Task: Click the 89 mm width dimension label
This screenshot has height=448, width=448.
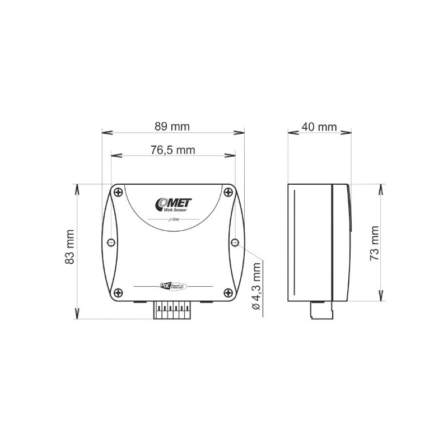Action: (x=172, y=127)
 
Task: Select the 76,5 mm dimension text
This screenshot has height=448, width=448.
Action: (x=172, y=150)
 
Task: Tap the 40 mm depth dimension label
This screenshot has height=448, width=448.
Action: (x=319, y=127)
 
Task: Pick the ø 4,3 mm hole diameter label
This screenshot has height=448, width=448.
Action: (x=256, y=288)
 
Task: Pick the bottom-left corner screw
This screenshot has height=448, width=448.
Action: (x=118, y=292)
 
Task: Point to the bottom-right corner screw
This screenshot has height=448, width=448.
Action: (x=228, y=292)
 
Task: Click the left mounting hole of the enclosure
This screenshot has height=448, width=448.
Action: (x=111, y=242)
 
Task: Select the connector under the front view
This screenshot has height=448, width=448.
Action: (x=172, y=309)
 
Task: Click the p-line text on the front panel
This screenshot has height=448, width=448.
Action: (x=173, y=221)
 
